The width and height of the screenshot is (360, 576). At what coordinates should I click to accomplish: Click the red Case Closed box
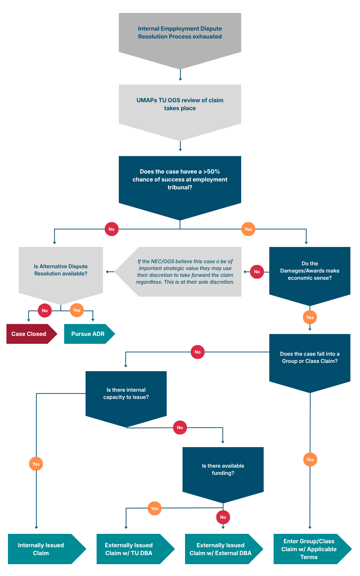pos(31,334)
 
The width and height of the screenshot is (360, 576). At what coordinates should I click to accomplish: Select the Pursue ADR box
pos(89,334)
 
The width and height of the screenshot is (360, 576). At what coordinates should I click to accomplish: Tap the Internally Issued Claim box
pos(47,549)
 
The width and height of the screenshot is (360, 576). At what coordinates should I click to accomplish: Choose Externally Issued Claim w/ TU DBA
pos(135,549)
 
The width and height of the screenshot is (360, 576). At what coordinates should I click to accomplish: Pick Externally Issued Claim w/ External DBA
pos(224,549)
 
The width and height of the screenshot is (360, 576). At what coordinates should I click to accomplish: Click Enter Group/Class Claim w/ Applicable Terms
pos(312,549)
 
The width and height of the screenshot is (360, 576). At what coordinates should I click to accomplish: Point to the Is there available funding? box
pos(223,475)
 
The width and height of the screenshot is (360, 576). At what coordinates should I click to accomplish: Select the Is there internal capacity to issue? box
pos(126,399)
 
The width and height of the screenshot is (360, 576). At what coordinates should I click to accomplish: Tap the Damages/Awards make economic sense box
pos(310,276)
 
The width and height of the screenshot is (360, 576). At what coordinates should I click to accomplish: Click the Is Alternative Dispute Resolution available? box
pos(61,275)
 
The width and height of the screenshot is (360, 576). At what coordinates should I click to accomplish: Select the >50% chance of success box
pos(180,188)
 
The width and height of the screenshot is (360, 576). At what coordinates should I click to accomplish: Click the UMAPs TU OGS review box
pos(180,112)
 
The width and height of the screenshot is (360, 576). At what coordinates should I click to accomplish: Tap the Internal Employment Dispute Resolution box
pos(180,41)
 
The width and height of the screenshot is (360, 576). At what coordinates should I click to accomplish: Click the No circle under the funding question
pos(223,517)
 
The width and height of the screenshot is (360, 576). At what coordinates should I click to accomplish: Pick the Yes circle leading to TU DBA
pos(154,508)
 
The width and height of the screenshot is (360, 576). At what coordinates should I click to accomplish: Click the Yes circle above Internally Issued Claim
pos(36,464)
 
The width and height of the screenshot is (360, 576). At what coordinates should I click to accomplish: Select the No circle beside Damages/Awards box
pos(257,271)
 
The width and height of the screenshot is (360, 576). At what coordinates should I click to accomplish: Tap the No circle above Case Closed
pos(45,310)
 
